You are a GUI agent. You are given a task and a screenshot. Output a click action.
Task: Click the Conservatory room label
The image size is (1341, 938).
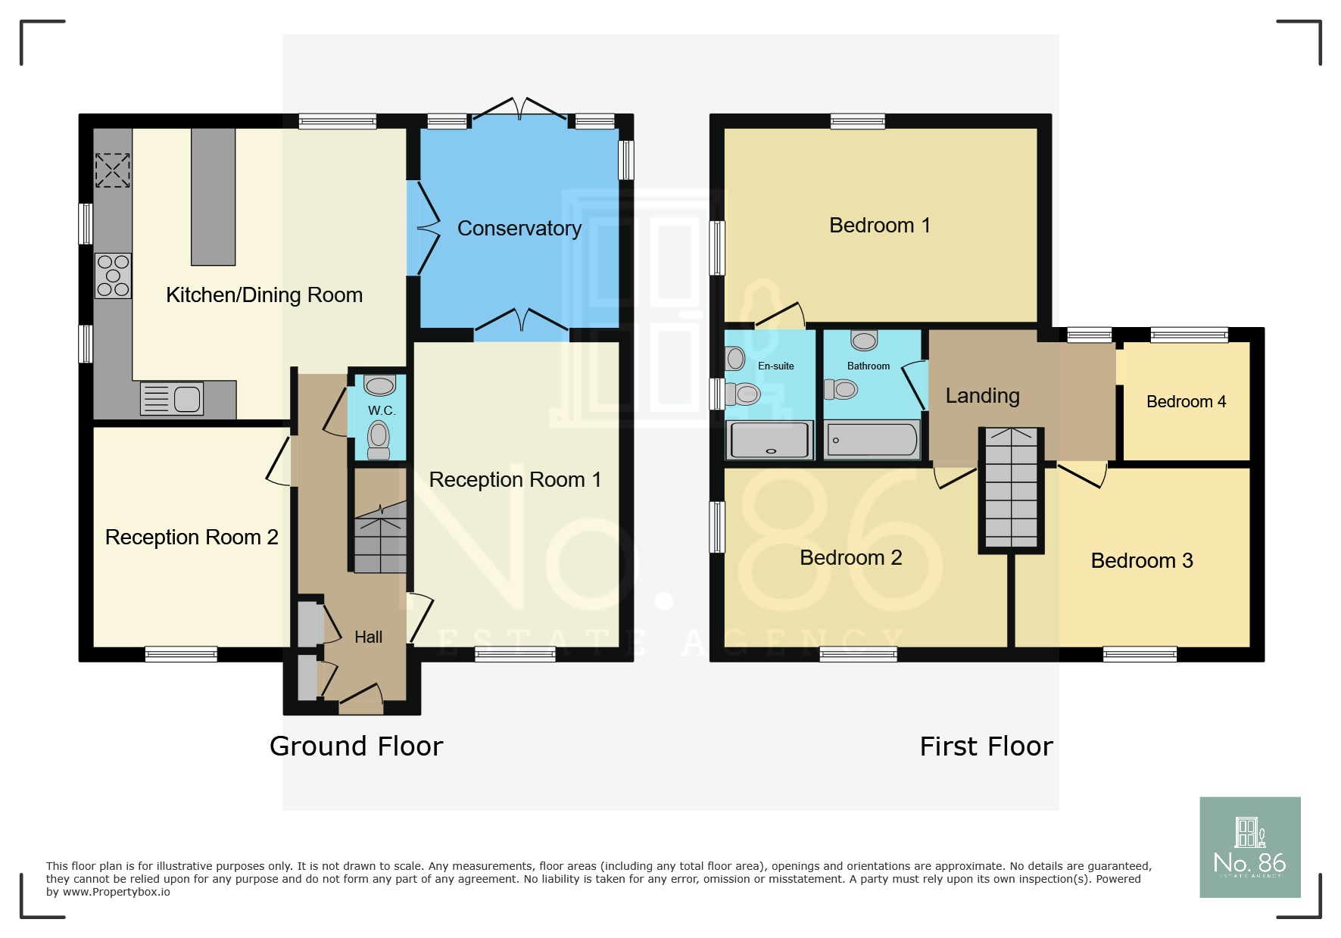coord(519,229)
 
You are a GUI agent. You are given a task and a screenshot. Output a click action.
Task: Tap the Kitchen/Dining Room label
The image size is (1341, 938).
coord(264,295)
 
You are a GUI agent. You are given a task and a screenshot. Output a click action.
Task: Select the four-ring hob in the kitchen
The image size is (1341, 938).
coord(113,276)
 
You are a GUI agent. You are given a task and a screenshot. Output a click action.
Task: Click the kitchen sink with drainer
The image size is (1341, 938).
coord(172,398)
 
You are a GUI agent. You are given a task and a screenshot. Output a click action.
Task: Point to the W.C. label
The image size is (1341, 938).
coord(382,410)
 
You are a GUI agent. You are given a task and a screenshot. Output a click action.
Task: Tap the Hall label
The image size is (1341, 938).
coord(369,637)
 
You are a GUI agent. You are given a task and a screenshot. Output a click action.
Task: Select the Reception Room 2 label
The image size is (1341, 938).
coord(192,538)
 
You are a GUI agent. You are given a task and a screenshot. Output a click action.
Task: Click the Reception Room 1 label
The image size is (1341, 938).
coord(515,480)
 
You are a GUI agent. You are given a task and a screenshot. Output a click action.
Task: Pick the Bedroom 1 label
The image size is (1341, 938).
coord(880,226)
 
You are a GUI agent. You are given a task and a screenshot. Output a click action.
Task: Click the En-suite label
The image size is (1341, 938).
coord(776,366)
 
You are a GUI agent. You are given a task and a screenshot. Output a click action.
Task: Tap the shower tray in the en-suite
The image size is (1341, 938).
coord(769,440)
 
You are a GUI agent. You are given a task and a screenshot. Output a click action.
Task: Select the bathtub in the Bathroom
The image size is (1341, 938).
coord(872,440)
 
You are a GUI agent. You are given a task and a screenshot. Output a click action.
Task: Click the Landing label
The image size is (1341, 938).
coord(983,396)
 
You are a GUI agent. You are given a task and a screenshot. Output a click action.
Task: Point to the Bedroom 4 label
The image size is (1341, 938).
coord(1187,402)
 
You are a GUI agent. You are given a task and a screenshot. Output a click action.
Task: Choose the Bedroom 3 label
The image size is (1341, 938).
coord(1142,561)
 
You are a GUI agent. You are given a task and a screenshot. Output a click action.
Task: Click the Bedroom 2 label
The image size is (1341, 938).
coord(851,558)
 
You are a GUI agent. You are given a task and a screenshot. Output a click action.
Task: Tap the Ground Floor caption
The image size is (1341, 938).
coord(357,746)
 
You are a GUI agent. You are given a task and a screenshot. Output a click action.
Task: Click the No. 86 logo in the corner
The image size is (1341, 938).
coord(1250,847)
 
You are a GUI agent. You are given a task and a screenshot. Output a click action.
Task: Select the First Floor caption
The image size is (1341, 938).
coord(987,746)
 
